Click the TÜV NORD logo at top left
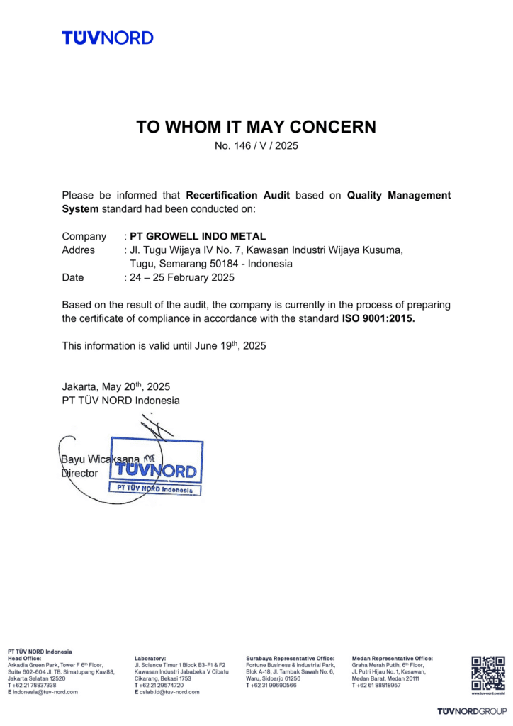click(107, 38)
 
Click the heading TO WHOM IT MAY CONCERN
click(256, 128)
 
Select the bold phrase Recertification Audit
click(237, 195)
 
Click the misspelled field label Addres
click(78, 250)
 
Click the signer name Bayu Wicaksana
click(96, 459)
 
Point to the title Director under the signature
click(79, 474)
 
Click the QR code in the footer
click(488, 673)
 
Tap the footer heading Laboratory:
click(150, 659)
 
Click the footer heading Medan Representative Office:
click(392, 659)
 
